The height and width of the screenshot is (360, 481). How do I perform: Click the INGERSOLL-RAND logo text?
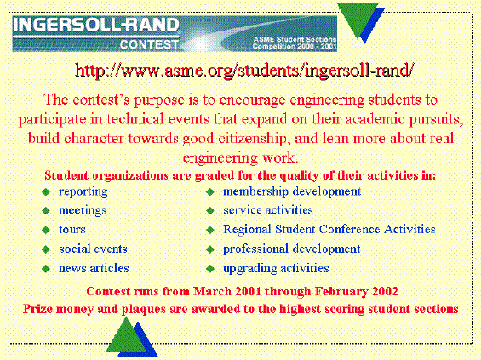(x=96, y=25)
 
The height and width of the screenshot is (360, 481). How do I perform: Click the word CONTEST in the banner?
(x=149, y=45)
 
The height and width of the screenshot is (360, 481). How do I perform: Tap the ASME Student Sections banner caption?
(x=295, y=43)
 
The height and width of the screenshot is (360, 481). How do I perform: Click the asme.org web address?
(x=244, y=71)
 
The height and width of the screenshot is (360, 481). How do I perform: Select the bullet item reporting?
(x=83, y=192)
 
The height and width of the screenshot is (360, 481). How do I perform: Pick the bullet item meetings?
(x=83, y=211)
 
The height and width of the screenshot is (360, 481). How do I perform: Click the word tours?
(x=72, y=230)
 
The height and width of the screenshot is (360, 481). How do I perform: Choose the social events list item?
(x=93, y=249)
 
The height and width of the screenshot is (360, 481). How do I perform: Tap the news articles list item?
(x=94, y=268)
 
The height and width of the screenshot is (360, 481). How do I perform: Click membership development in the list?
(x=292, y=191)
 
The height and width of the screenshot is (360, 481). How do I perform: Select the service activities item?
(x=268, y=210)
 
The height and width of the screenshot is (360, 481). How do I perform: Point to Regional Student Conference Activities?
(x=329, y=230)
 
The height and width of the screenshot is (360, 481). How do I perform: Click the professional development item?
(x=292, y=249)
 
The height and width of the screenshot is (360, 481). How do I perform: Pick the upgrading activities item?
(x=276, y=269)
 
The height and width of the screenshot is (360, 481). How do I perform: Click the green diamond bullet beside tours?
(x=46, y=231)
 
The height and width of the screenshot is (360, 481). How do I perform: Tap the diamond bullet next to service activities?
(x=210, y=211)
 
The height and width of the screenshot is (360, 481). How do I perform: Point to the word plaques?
(x=144, y=309)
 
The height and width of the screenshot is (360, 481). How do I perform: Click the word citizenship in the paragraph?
(x=253, y=139)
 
